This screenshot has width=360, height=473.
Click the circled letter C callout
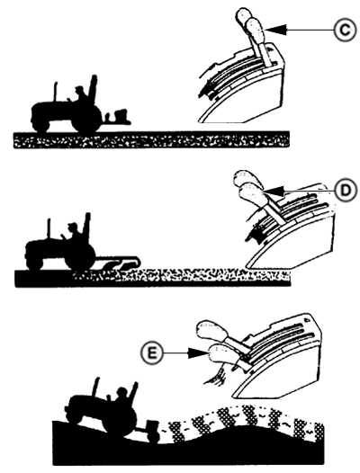click(345, 30)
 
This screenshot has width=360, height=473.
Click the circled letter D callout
click(346, 191)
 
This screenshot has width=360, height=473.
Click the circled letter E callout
click(151, 353)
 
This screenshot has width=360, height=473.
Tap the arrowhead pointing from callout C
click(276, 30)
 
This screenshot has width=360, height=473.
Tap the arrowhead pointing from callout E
click(198, 353)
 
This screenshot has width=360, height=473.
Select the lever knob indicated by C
click(255, 31)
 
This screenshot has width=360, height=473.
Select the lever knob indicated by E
click(221, 354)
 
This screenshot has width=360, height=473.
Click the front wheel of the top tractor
click(41, 124)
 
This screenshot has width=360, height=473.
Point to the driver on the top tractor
click(81, 95)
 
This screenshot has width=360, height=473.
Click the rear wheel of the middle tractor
click(80, 255)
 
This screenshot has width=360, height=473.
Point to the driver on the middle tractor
click(74, 232)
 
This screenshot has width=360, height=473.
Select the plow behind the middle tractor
click(119, 262)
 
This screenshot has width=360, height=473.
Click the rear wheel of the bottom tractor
click(119, 420)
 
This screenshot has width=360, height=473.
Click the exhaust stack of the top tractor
click(56, 92)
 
